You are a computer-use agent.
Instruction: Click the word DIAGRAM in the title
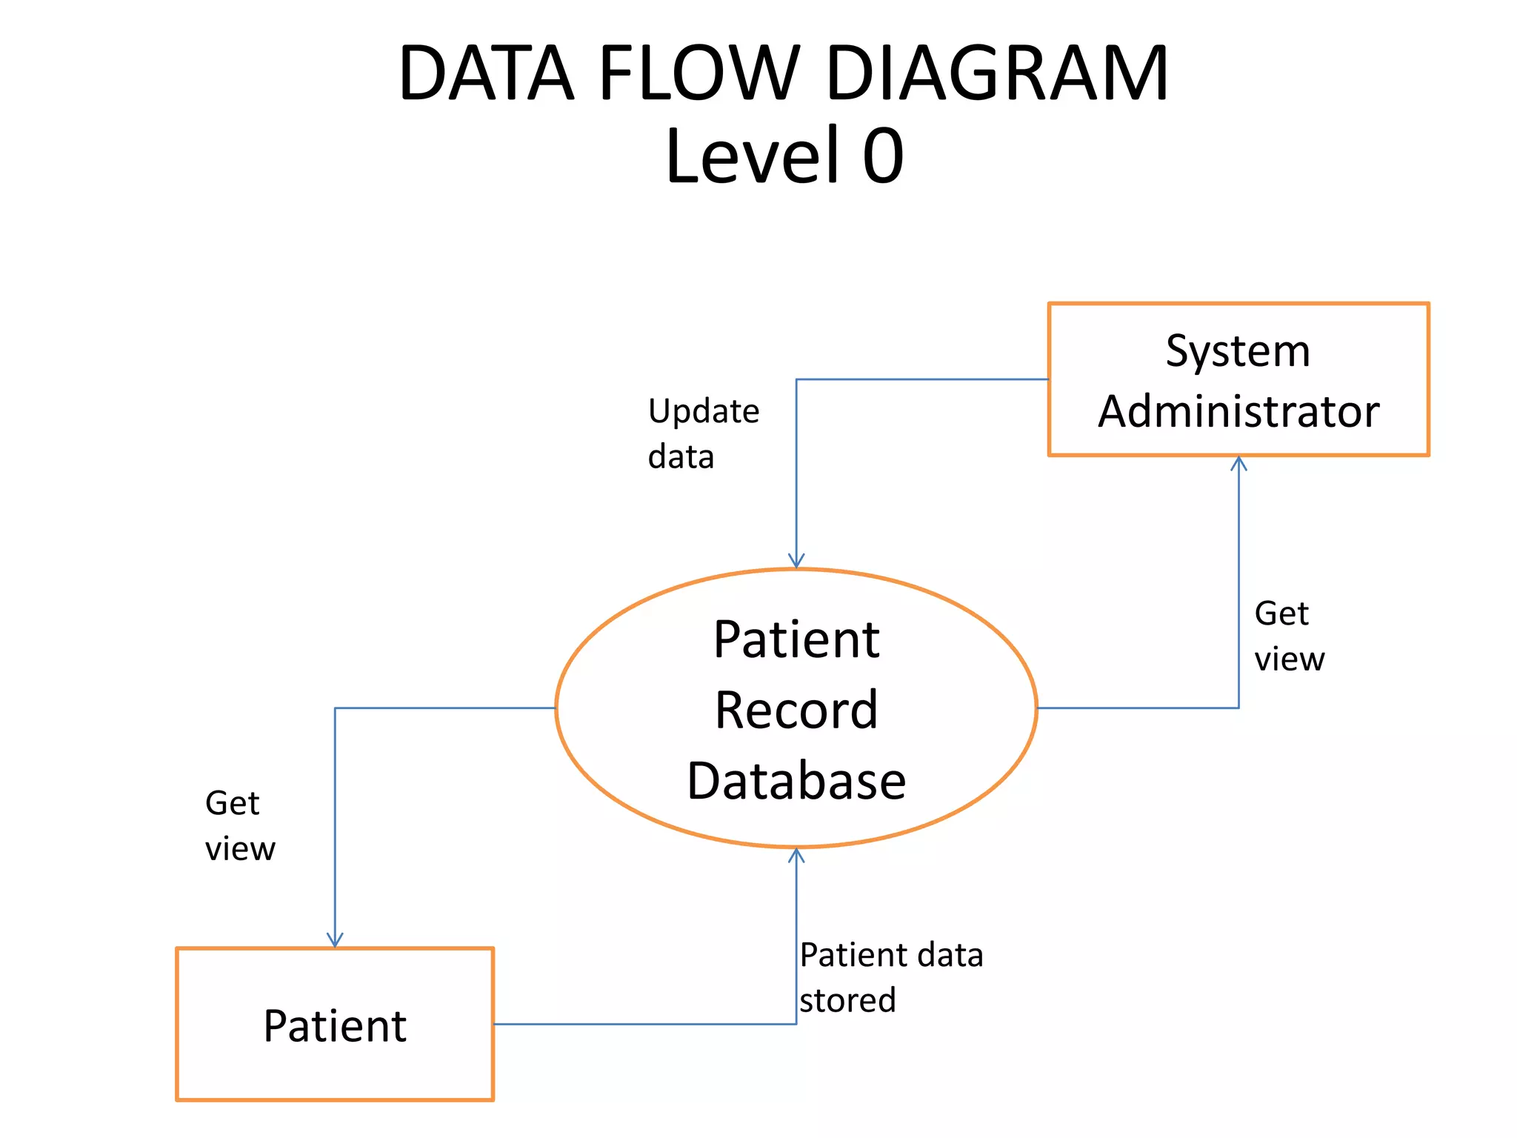(996, 74)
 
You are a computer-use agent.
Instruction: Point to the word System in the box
(1238, 352)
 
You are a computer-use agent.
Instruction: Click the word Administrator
(1238, 412)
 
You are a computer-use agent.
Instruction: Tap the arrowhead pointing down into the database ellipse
(796, 562)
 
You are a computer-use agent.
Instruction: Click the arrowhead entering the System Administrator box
(1238, 464)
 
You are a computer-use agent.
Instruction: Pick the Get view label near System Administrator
(1288, 636)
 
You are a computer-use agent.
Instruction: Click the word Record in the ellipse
(796, 711)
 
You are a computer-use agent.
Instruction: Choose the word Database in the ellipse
(796, 781)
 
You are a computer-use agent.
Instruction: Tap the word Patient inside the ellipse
(796, 640)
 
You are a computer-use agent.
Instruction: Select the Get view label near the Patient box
(239, 826)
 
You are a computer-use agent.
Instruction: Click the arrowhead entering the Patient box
(335, 940)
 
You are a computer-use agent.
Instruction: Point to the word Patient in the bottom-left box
(335, 1027)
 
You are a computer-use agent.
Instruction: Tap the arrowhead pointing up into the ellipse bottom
(796, 856)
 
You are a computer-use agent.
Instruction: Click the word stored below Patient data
(847, 1001)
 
